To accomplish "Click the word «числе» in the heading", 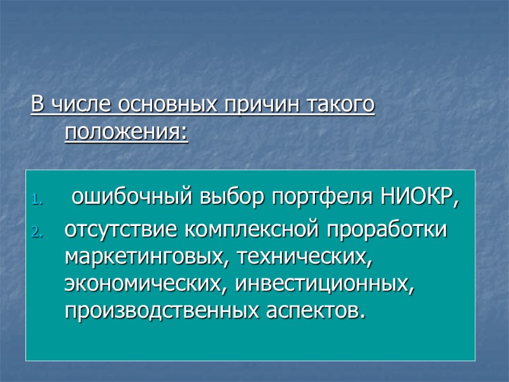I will [73, 104].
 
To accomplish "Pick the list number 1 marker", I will [36, 202].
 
